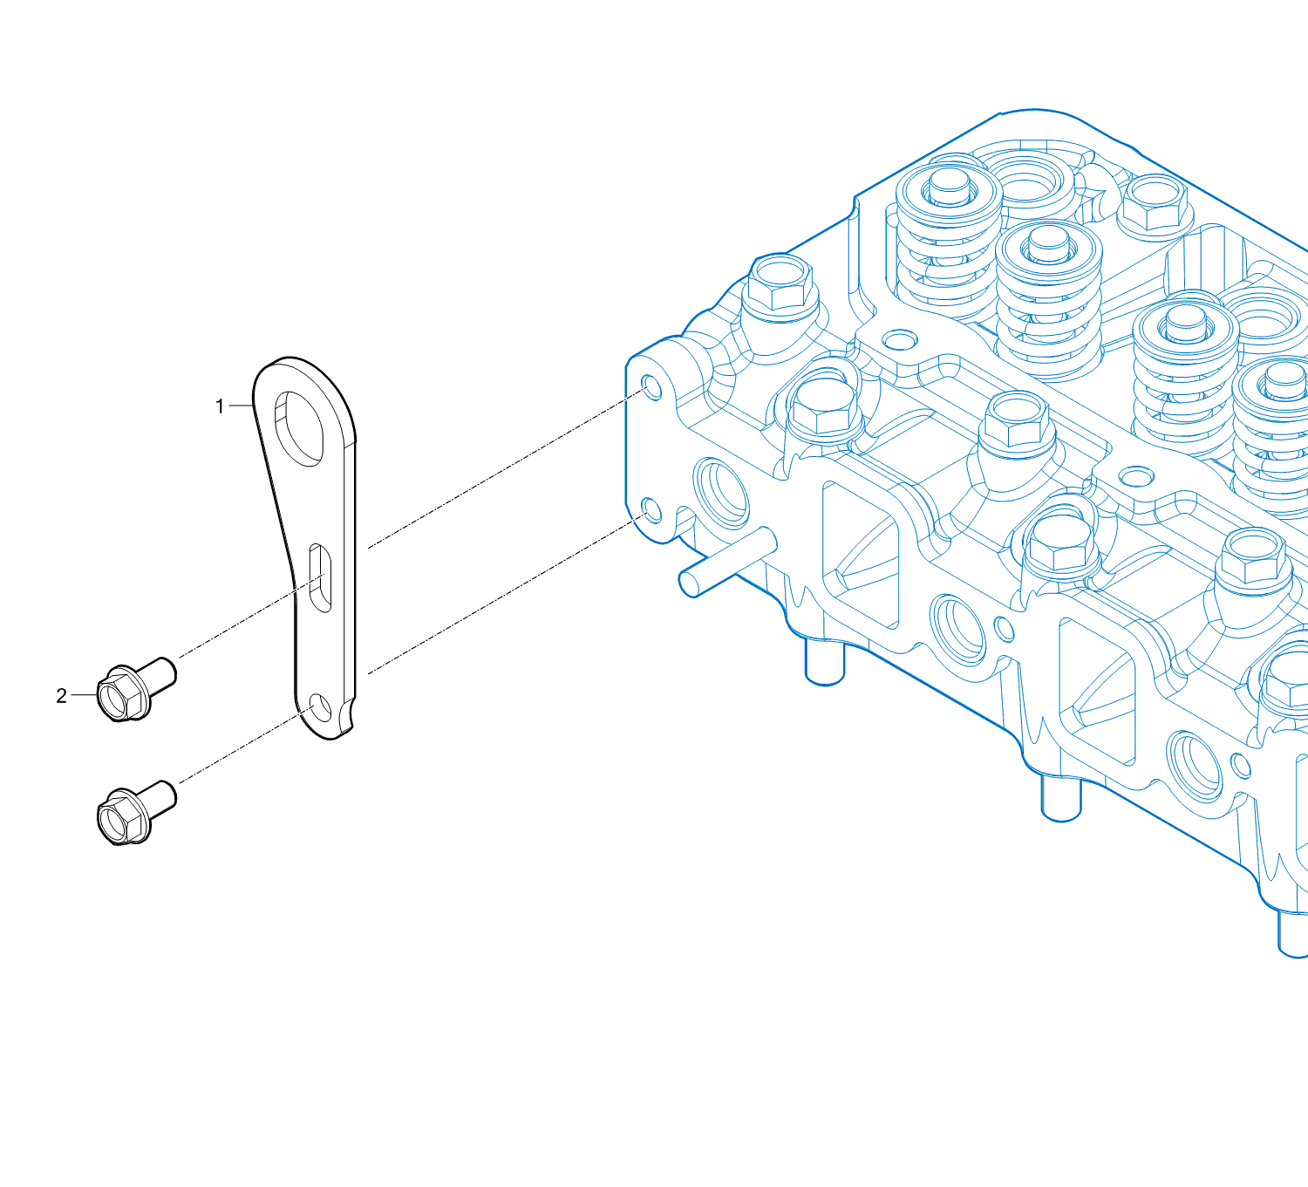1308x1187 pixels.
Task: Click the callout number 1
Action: [x=220, y=406]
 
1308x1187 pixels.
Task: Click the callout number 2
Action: [x=61, y=696]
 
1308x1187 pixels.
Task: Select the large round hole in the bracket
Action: [x=298, y=428]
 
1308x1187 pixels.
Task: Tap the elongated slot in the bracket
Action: [x=319, y=578]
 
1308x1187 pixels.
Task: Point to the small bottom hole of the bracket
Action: [x=321, y=707]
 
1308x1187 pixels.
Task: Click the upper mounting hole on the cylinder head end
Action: [x=651, y=387]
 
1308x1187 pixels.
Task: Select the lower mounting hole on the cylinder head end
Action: [x=651, y=511]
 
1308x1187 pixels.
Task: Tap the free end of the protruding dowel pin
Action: [x=689, y=583]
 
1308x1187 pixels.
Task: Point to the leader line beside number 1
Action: [x=241, y=406]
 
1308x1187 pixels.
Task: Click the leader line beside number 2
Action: [x=84, y=695]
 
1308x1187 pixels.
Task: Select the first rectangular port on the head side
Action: [x=861, y=555]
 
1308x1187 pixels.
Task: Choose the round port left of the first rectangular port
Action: [x=721, y=492]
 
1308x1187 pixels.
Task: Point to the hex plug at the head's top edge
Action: [x=1155, y=203]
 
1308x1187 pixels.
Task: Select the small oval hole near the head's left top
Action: [x=900, y=340]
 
